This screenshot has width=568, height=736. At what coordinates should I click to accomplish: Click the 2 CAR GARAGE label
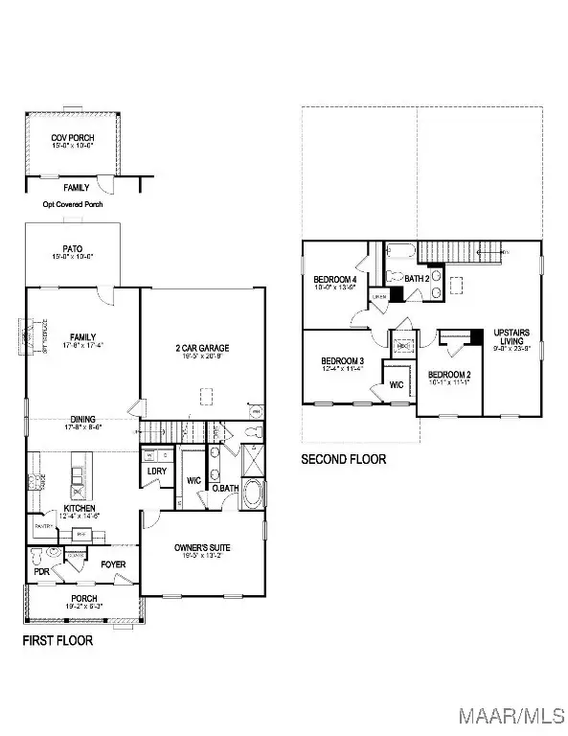201,349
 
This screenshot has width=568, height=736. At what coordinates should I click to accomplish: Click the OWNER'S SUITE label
202,547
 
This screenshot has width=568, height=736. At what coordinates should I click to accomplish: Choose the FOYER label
113,564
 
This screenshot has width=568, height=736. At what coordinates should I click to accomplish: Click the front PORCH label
82,599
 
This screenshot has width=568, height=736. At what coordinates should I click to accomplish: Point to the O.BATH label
225,489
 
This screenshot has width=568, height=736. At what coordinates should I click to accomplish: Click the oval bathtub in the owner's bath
254,494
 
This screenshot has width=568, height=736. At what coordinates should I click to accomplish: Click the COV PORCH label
73,138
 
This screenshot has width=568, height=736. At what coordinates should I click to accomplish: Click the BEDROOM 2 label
448,375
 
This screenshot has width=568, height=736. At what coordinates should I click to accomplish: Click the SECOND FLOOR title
344,459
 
